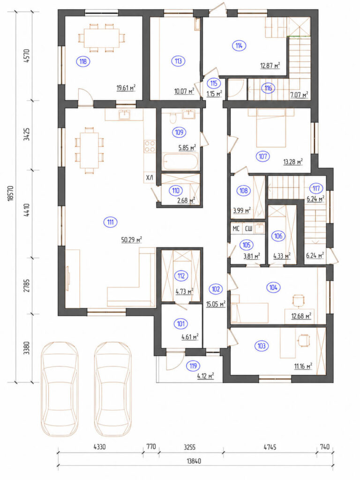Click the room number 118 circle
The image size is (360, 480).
(x=83, y=61)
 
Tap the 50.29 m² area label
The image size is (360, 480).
(x=131, y=240)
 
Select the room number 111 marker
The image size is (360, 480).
(x=111, y=222)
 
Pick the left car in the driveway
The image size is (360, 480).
(x=60, y=389)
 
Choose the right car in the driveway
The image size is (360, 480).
(x=113, y=389)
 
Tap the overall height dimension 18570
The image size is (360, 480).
(x=11, y=193)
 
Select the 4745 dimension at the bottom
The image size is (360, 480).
(x=270, y=447)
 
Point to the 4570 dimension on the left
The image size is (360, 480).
(x=27, y=56)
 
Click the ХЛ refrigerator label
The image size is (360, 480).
(x=150, y=177)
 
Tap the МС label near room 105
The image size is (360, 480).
(x=236, y=229)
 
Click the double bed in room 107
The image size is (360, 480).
(x=271, y=128)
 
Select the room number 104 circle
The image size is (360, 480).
(x=273, y=287)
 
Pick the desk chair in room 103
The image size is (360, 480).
(x=304, y=340)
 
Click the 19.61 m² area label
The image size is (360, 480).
(x=126, y=88)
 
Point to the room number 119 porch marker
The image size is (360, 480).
(x=193, y=366)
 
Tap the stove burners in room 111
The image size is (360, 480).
(x=150, y=146)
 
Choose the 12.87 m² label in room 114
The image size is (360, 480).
(x=270, y=66)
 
